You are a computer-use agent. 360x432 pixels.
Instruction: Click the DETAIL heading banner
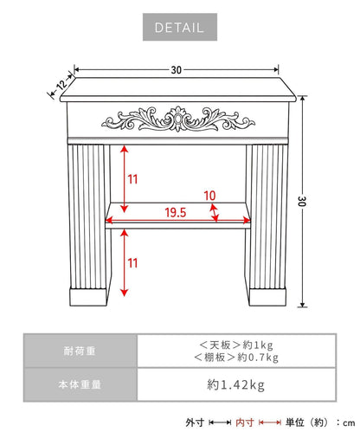click(180, 27)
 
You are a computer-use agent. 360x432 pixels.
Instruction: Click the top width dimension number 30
click(177, 70)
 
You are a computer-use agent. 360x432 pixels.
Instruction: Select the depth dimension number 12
click(61, 85)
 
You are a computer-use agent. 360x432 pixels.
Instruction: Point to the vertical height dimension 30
click(302, 201)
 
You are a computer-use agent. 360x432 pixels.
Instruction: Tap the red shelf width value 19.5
click(176, 213)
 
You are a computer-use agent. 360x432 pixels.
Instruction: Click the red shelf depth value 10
click(209, 196)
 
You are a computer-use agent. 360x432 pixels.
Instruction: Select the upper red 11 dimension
click(132, 179)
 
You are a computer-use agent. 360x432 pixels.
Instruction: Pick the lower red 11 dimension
click(132, 263)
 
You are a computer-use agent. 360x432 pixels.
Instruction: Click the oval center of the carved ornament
click(178, 119)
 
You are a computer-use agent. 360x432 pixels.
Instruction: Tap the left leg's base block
click(88, 297)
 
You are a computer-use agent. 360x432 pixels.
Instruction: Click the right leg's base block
click(267, 297)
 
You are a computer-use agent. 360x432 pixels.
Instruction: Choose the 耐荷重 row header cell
click(80, 351)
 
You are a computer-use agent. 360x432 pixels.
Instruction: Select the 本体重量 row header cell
click(80, 384)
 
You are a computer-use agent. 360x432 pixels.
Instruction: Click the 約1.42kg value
click(235, 384)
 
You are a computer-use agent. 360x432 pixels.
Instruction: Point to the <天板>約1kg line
click(236, 345)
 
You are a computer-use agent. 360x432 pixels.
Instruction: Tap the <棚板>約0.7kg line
click(236, 358)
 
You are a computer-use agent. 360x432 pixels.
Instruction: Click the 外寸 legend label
click(195, 422)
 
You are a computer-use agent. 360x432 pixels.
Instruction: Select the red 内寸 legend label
click(245, 422)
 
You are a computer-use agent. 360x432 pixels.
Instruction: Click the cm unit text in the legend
click(349, 423)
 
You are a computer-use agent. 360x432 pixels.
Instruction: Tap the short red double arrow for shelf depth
click(214, 213)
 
